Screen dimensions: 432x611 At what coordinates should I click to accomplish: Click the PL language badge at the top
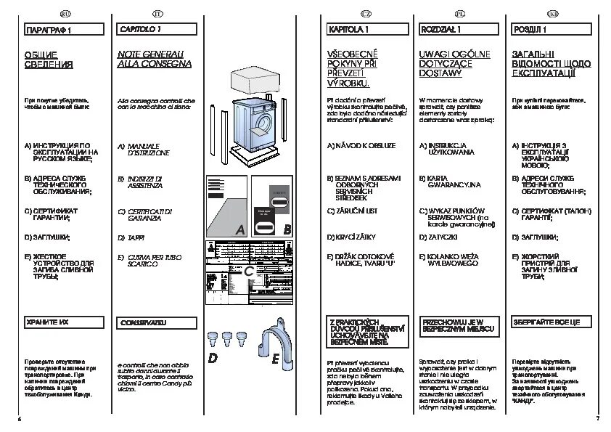[459, 14]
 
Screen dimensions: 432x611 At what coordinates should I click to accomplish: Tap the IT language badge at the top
[159, 14]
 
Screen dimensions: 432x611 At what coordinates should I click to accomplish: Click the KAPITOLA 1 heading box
[367, 30]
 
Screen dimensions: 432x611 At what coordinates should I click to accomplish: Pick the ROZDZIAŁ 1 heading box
[459, 30]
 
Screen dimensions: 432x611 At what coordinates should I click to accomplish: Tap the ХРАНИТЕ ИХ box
[64, 322]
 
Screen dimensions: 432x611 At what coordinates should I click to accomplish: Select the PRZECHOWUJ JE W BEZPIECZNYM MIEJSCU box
[459, 326]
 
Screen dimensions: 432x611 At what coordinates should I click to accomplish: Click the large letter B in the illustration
[287, 229]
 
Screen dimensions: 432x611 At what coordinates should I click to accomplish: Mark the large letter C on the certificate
[249, 272]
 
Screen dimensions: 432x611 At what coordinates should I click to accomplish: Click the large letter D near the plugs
[213, 359]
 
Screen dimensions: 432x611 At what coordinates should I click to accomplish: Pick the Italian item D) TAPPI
[131, 237]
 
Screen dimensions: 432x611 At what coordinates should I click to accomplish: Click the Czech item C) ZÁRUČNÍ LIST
[352, 211]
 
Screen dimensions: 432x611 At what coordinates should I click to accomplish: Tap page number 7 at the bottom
[596, 420]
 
